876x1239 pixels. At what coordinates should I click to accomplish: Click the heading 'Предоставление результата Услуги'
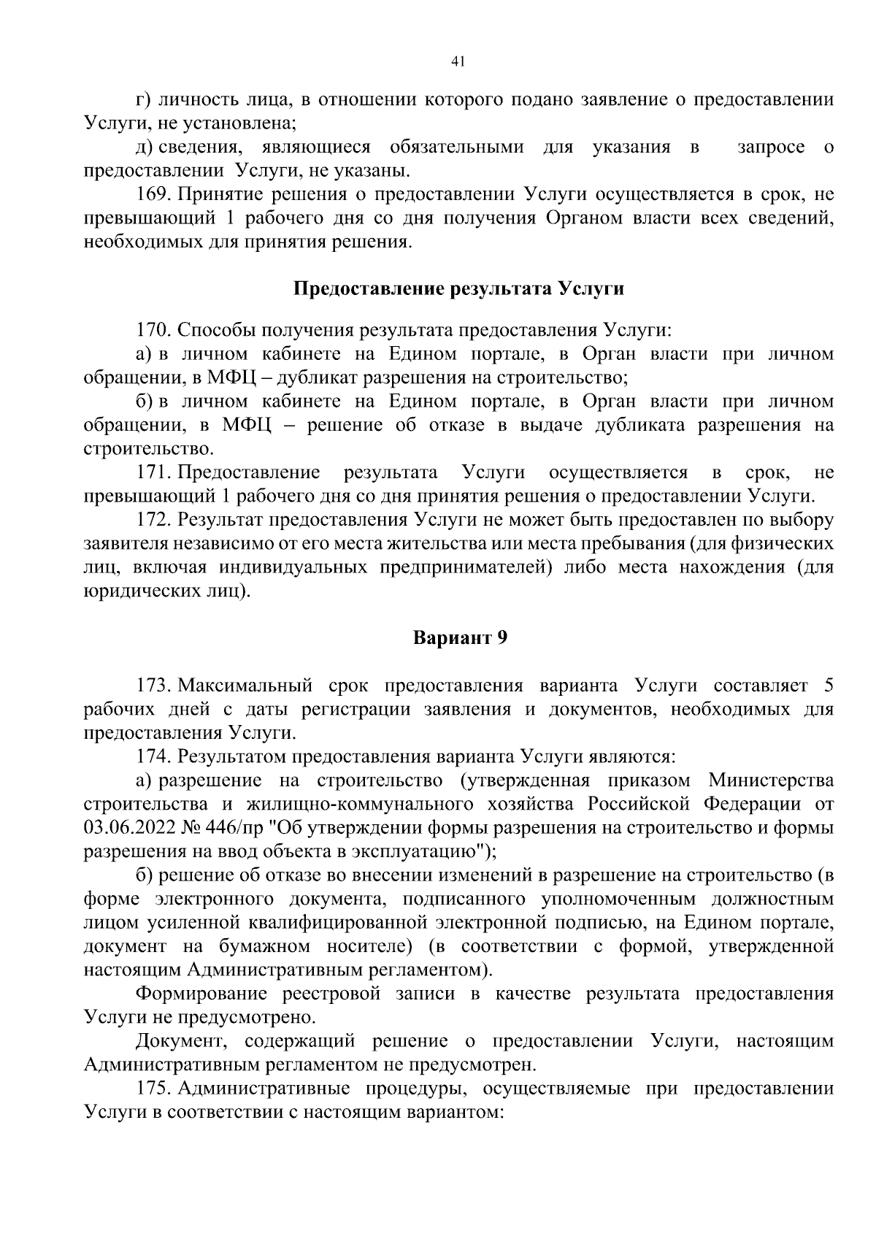click(458, 288)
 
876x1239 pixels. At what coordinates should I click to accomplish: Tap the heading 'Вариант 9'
click(460, 637)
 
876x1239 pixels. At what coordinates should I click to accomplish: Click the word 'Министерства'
click(771, 780)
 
